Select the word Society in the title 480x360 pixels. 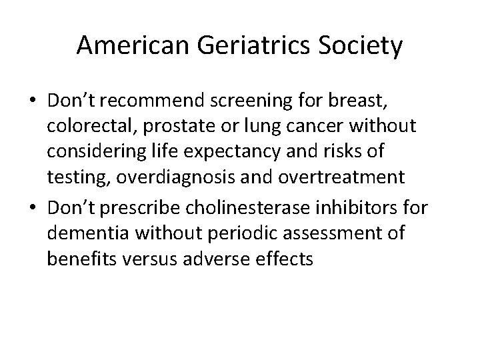coord(363,46)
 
